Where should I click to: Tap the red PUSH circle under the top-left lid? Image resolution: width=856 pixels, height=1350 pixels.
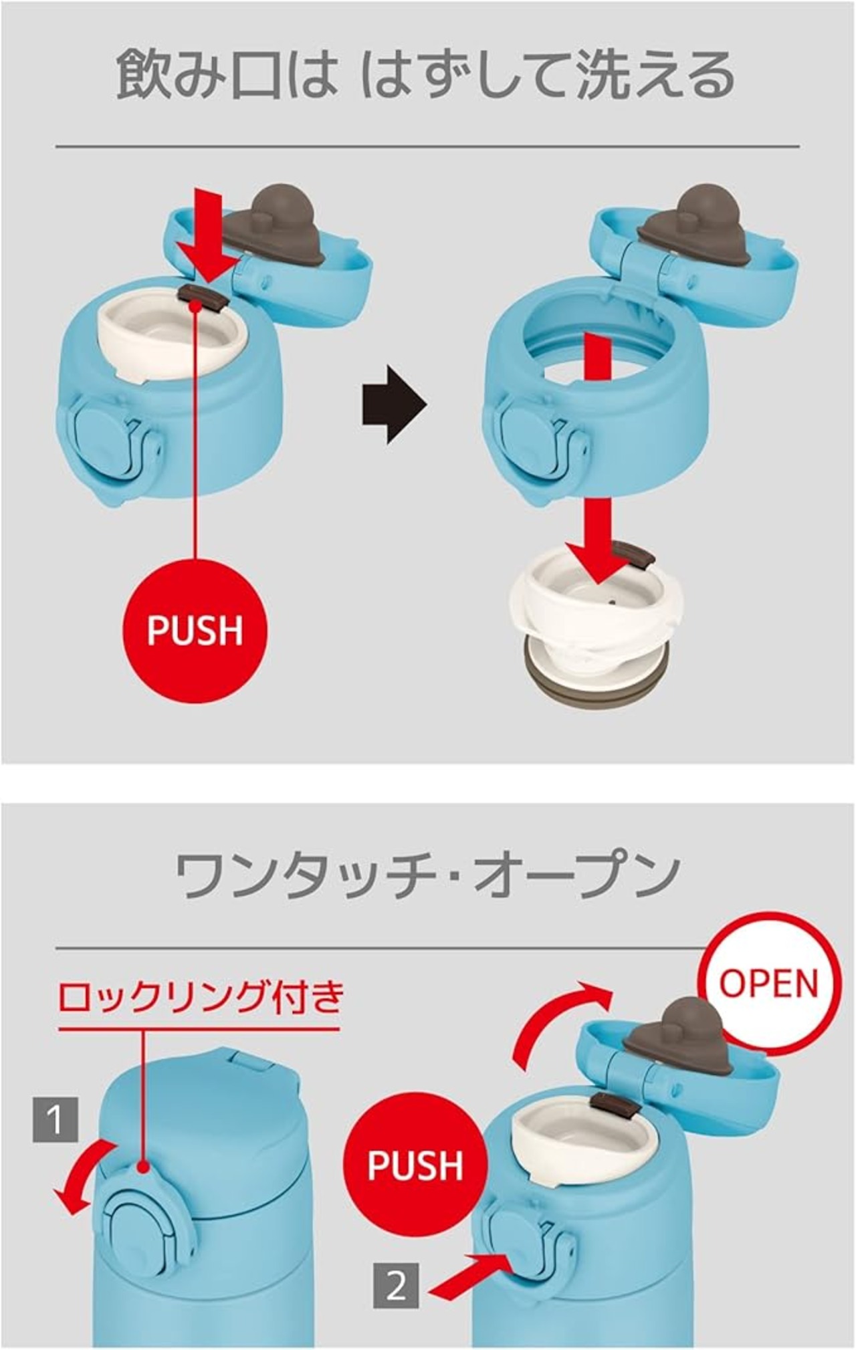pyautogui.click(x=195, y=630)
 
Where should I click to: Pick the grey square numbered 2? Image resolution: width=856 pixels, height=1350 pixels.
pyautogui.click(x=396, y=1286)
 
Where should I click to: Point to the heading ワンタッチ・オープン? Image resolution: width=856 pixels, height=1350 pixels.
pyautogui.click(x=428, y=875)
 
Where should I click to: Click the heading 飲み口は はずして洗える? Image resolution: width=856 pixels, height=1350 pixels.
pyautogui.click(x=425, y=75)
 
